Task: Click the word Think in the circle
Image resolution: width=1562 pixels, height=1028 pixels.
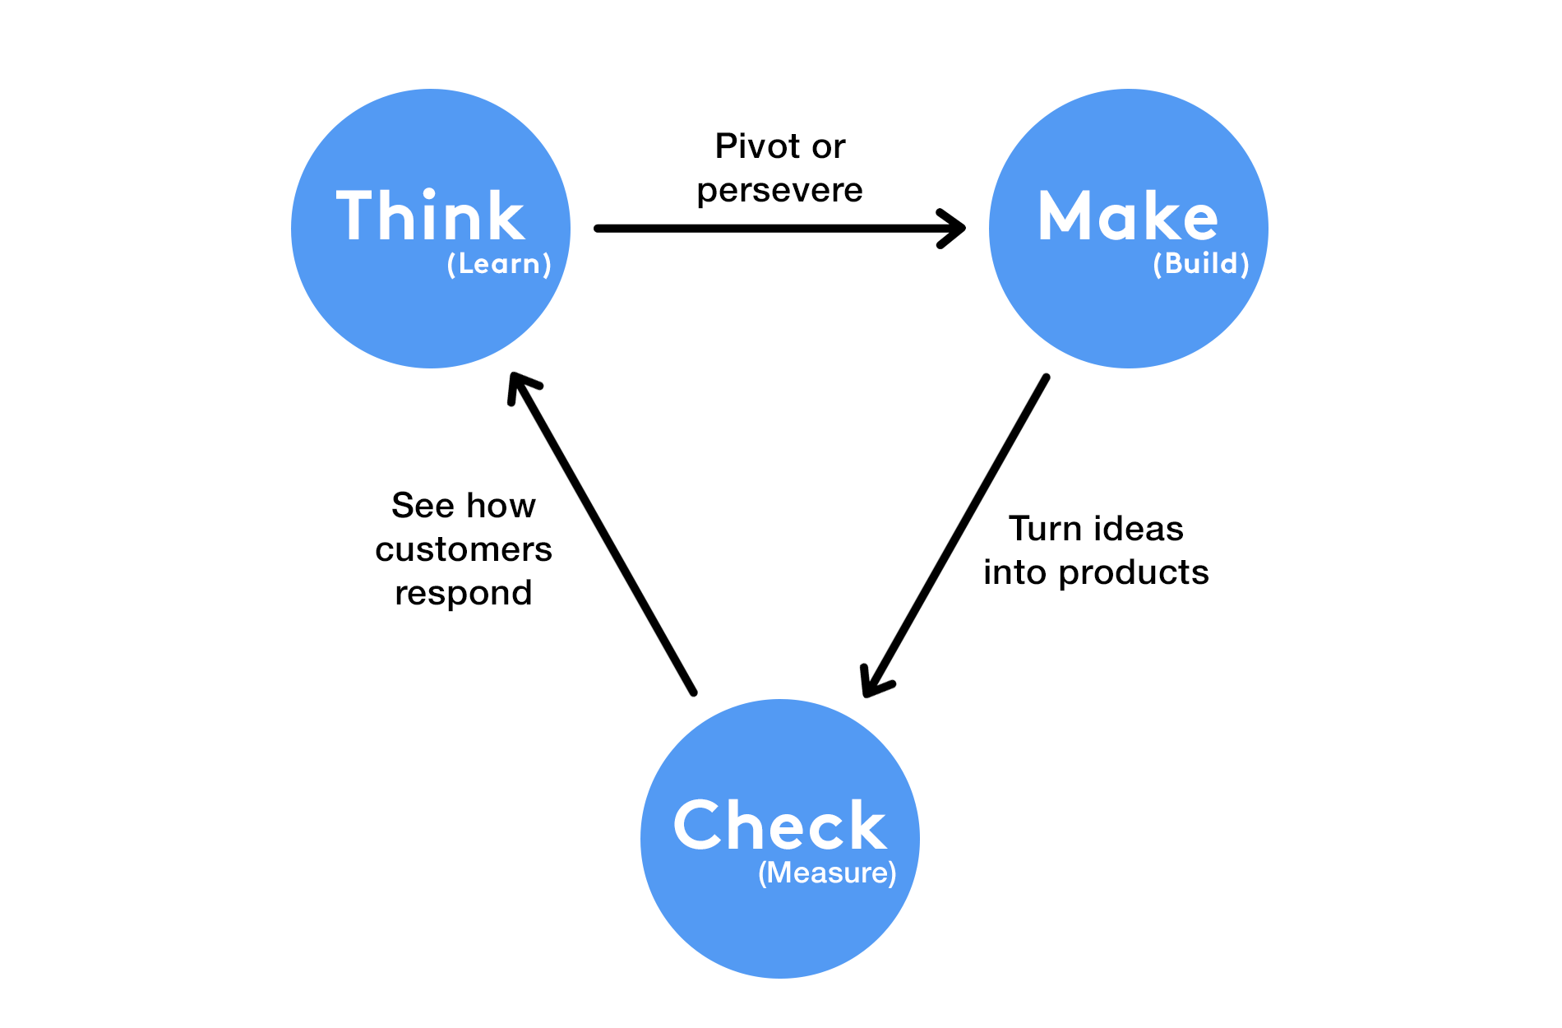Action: pyautogui.click(x=430, y=216)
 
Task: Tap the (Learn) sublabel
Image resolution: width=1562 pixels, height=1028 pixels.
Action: pyautogui.click(x=499, y=264)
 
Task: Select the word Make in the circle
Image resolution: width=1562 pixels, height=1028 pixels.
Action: pyautogui.click(x=1127, y=216)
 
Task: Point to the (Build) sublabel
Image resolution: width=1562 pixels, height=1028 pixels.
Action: pyautogui.click(x=1201, y=264)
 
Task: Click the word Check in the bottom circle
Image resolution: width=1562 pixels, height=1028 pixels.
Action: pyautogui.click(x=779, y=826)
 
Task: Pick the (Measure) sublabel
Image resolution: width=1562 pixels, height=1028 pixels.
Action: pyautogui.click(x=827, y=873)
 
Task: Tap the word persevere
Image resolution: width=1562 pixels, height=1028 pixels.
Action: pyautogui.click(x=779, y=191)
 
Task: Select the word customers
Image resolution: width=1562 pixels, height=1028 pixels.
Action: pyautogui.click(x=464, y=549)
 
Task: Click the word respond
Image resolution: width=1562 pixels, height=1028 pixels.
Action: pyautogui.click(x=464, y=593)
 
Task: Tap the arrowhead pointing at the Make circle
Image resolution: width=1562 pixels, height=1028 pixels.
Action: pyautogui.click(x=954, y=229)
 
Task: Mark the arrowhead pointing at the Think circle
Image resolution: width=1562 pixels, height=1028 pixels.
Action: pyautogui.click(x=520, y=387)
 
